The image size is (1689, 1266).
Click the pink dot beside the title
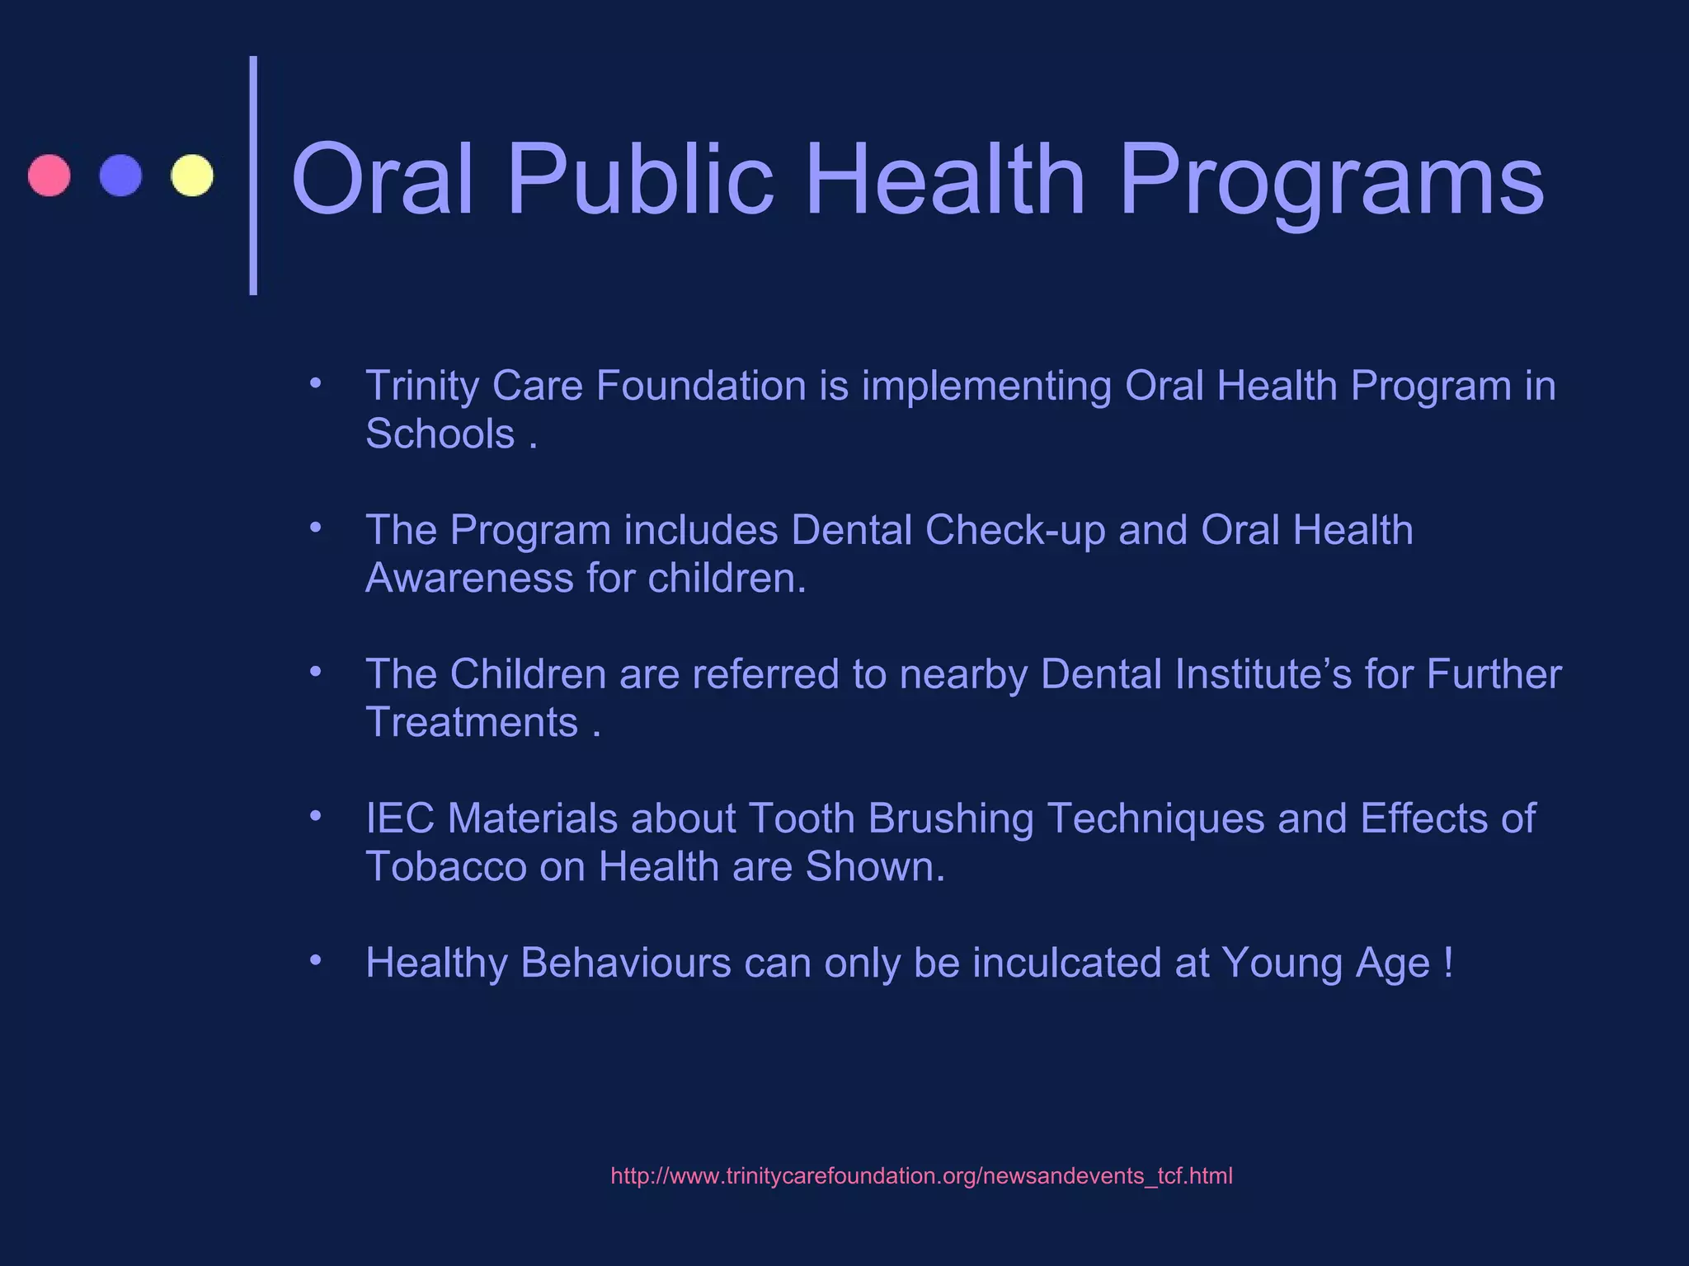[x=49, y=176]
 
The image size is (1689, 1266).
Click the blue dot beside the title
[x=120, y=176]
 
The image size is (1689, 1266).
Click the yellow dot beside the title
[x=192, y=176]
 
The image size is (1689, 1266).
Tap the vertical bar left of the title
[x=254, y=176]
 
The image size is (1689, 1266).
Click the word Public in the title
[x=639, y=180]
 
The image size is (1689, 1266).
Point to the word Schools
[x=440, y=434]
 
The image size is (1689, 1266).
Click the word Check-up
[x=1014, y=530]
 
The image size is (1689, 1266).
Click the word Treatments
[x=472, y=723]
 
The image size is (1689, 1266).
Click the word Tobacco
[x=446, y=867]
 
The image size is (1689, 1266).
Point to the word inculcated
[x=1066, y=963]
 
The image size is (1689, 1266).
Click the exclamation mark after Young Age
[x=1448, y=963]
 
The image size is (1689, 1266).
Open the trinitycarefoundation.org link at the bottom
[x=921, y=1176]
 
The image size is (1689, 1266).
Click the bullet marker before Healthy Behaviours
[x=315, y=960]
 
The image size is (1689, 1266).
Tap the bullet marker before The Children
[x=315, y=672]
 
